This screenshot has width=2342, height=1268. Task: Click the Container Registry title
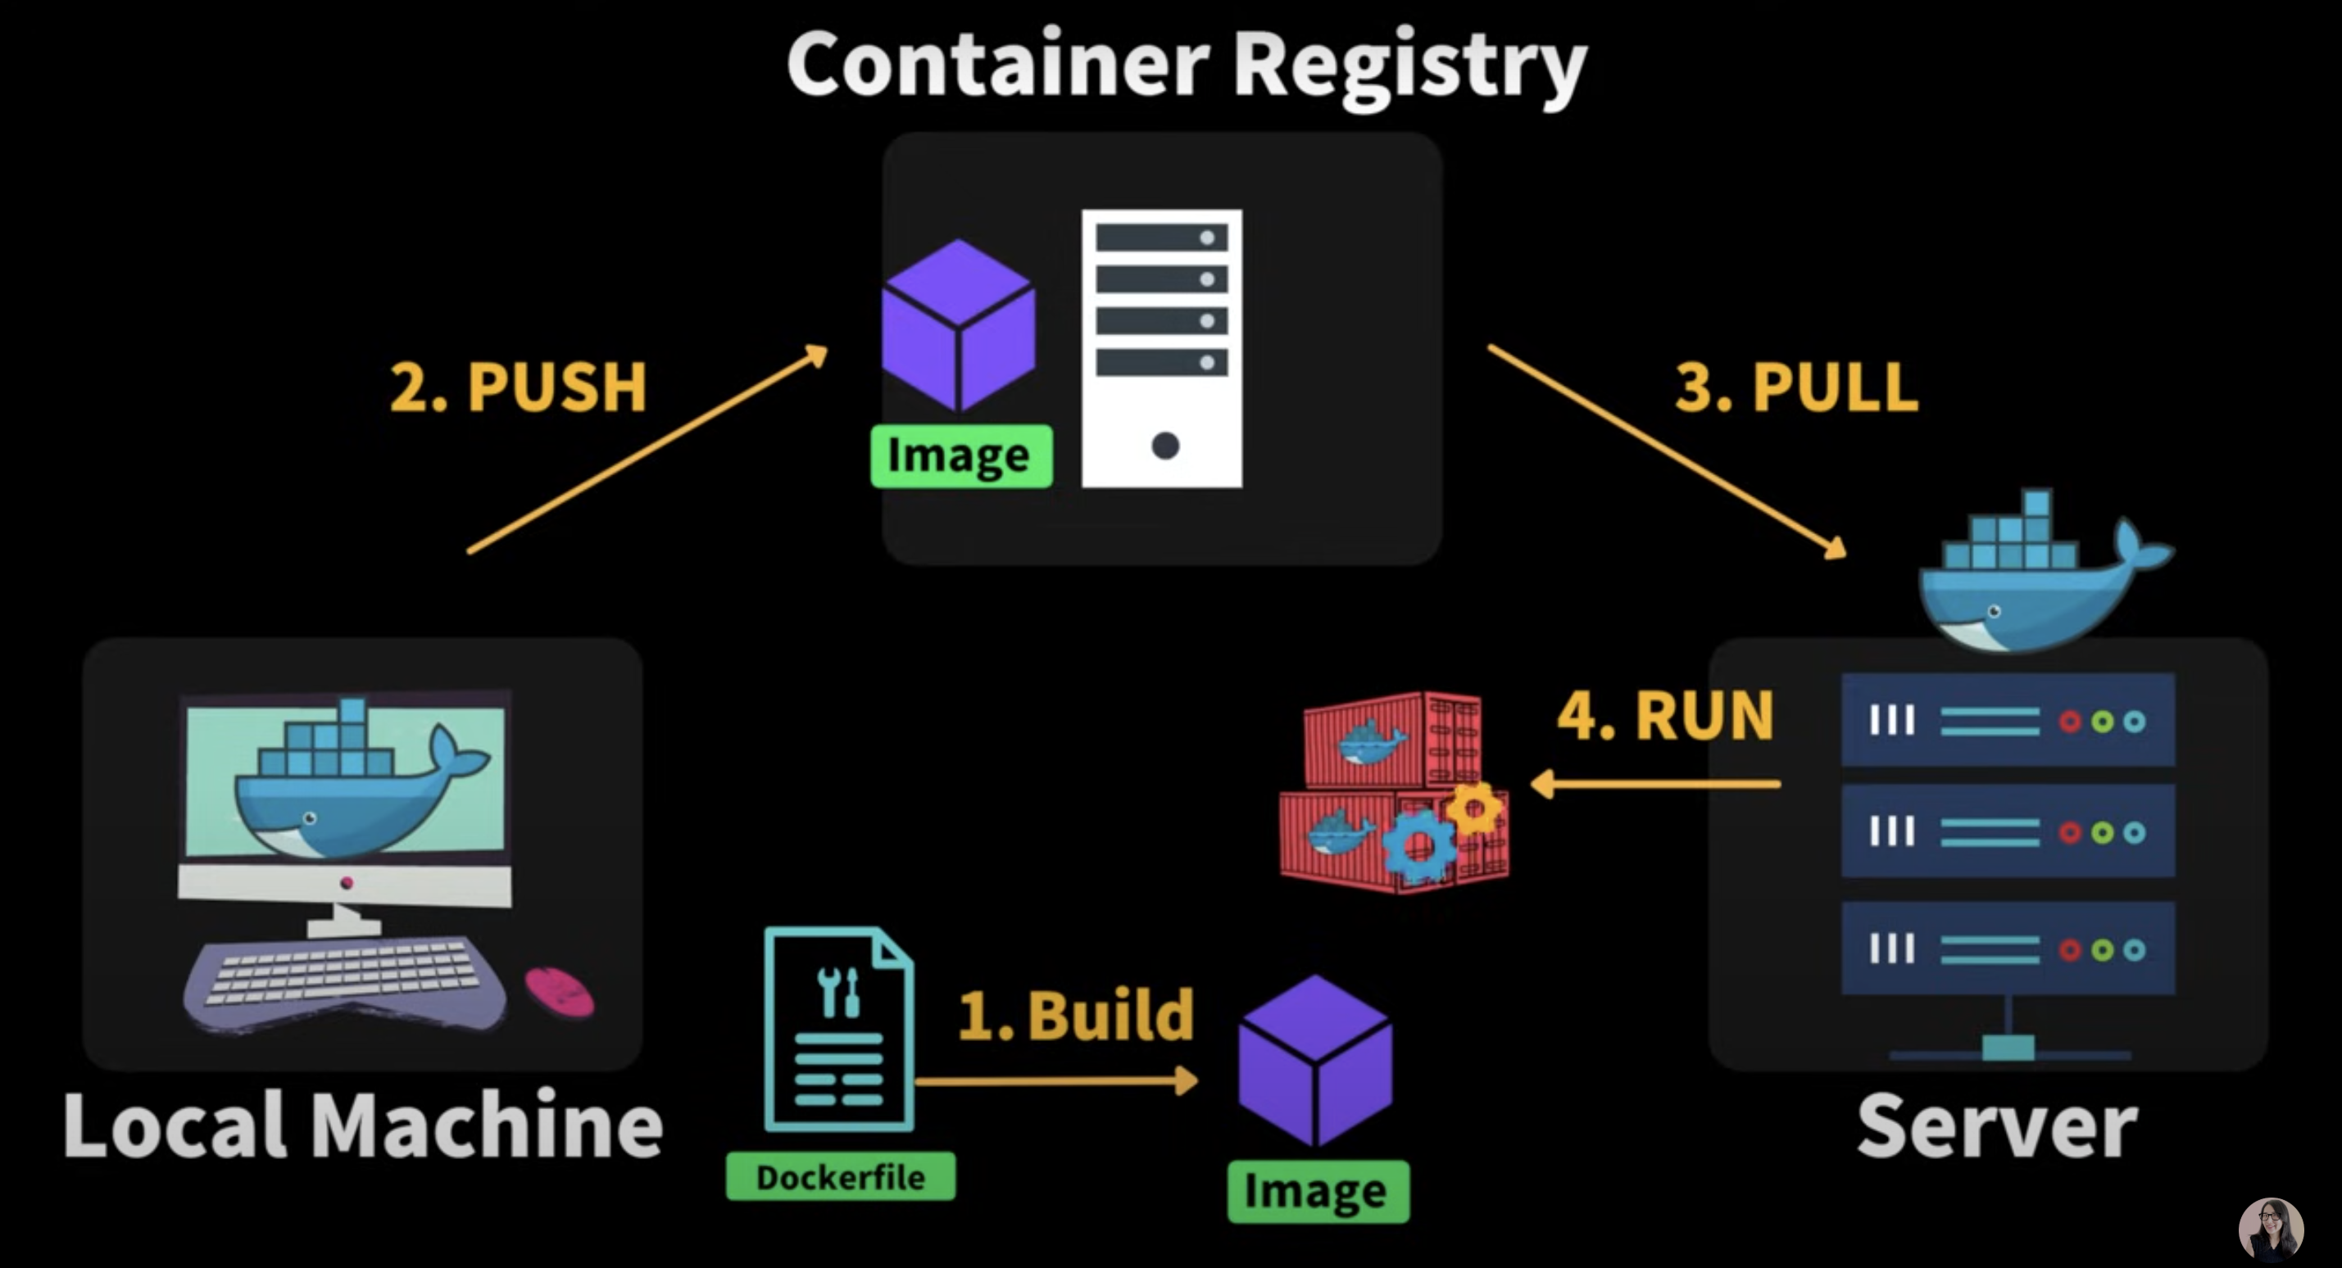pos(1187,66)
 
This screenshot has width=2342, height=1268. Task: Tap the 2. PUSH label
pos(518,387)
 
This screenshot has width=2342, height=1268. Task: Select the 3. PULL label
pos(1796,387)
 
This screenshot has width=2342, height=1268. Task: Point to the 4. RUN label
pos(1666,715)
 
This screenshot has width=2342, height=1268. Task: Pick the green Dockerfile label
pos(841,1177)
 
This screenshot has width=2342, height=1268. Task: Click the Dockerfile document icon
pos(839,1029)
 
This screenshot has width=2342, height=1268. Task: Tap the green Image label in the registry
pos(961,455)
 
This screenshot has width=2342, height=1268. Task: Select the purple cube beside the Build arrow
pos(1315,1060)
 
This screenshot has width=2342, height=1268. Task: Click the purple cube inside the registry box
pos(959,324)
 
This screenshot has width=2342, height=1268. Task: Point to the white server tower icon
pos(1162,348)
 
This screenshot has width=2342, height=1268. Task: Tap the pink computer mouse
pos(559,991)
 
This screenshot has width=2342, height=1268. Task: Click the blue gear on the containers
pos(1419,846)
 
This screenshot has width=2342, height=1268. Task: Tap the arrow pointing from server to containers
pos(1654,784)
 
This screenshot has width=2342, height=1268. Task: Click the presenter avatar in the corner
pos(2271,1230)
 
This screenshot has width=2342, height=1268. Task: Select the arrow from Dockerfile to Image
pos(1056,1080)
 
